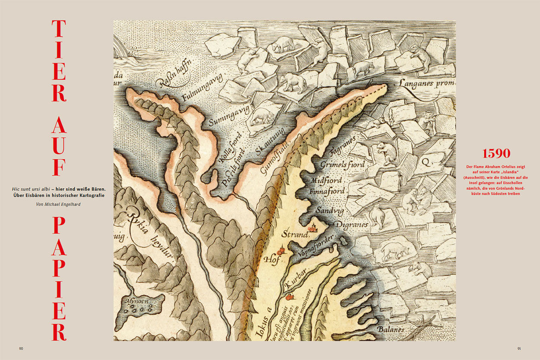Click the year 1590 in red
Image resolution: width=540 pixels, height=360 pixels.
tap(496, 153)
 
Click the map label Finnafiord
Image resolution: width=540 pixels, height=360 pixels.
tap(327, 191)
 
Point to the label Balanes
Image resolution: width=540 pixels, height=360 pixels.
tap(391, 329)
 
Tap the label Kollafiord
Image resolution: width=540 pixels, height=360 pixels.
tap(225, 148)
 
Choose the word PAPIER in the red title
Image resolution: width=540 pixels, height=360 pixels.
tap(59, 278)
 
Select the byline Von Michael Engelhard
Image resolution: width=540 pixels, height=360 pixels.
tap(59, 204)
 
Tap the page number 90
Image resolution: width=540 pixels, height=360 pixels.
tap(21, 349)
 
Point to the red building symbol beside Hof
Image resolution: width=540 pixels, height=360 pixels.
tap(281, 251)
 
